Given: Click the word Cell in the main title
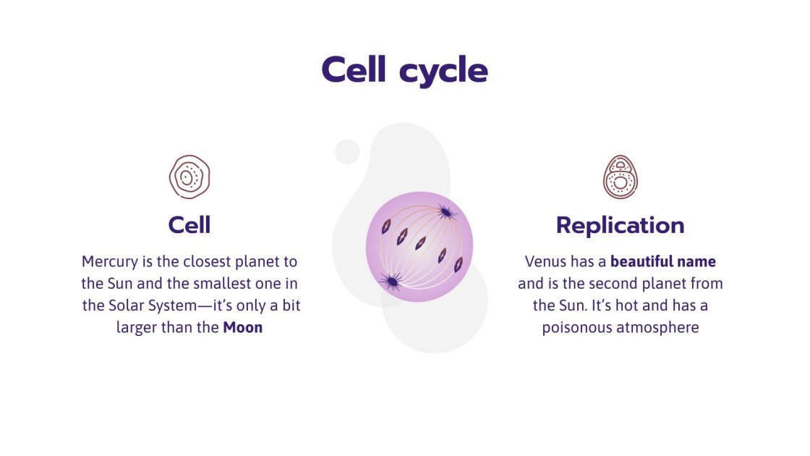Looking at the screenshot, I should (354, 70).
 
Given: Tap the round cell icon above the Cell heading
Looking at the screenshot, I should (189, 177).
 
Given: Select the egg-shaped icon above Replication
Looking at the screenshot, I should (620, 177).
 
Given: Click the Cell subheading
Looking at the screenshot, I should (189, 224).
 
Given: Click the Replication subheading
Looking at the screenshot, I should (620, 225).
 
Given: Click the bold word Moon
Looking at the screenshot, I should (242, 327).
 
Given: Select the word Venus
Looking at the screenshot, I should (545, 261).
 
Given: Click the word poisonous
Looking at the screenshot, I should (577, 327).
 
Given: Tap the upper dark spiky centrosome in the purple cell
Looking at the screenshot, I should (445, 212).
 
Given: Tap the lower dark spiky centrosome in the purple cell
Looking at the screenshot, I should (391, 281).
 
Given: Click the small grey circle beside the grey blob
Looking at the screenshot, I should (347, 152).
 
